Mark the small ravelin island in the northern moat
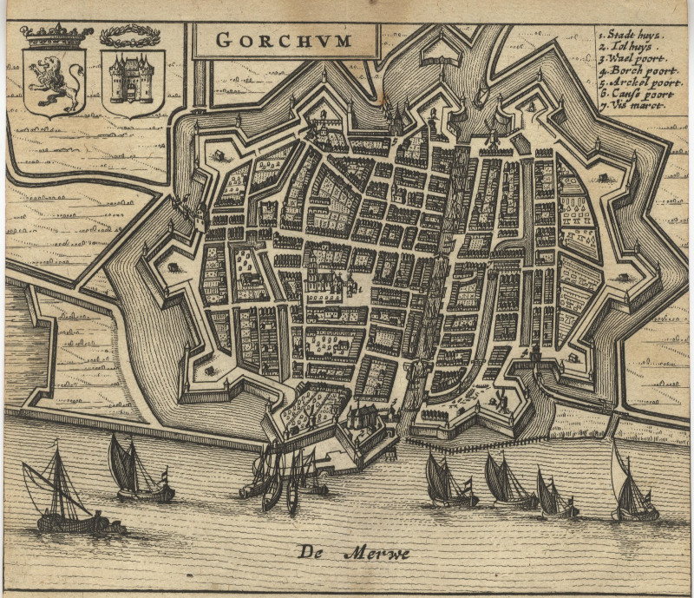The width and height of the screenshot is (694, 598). coord(439,57)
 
